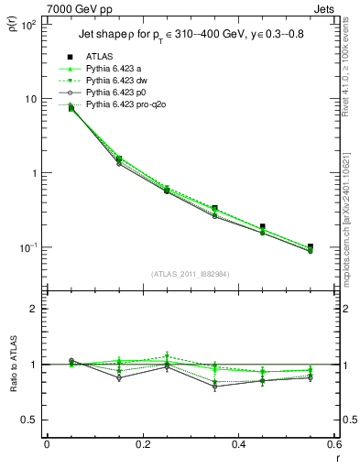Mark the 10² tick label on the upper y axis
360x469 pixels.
29,25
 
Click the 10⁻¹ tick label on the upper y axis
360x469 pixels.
29,247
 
